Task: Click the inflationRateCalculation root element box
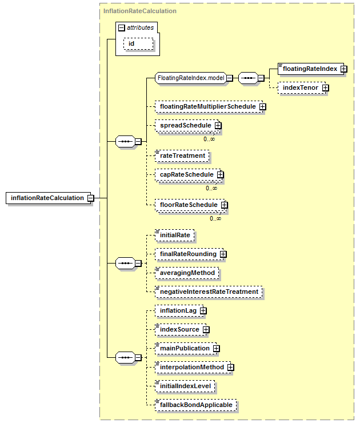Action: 48,198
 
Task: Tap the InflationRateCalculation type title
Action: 139,11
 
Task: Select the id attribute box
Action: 138,43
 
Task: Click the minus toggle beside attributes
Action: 122,27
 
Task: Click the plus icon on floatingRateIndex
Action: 343,69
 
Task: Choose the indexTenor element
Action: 302,87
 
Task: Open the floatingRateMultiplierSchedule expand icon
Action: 263,107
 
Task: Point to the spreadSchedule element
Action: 187,125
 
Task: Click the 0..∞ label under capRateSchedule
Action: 211,188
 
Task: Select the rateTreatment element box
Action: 182,155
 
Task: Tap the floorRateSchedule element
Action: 190,205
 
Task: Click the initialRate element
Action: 174,236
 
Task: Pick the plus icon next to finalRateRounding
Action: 223,254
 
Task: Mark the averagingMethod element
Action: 187,273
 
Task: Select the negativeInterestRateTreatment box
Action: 209,292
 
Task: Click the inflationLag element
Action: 179,311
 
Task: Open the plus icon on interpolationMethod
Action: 230,368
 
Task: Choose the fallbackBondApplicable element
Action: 196,405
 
